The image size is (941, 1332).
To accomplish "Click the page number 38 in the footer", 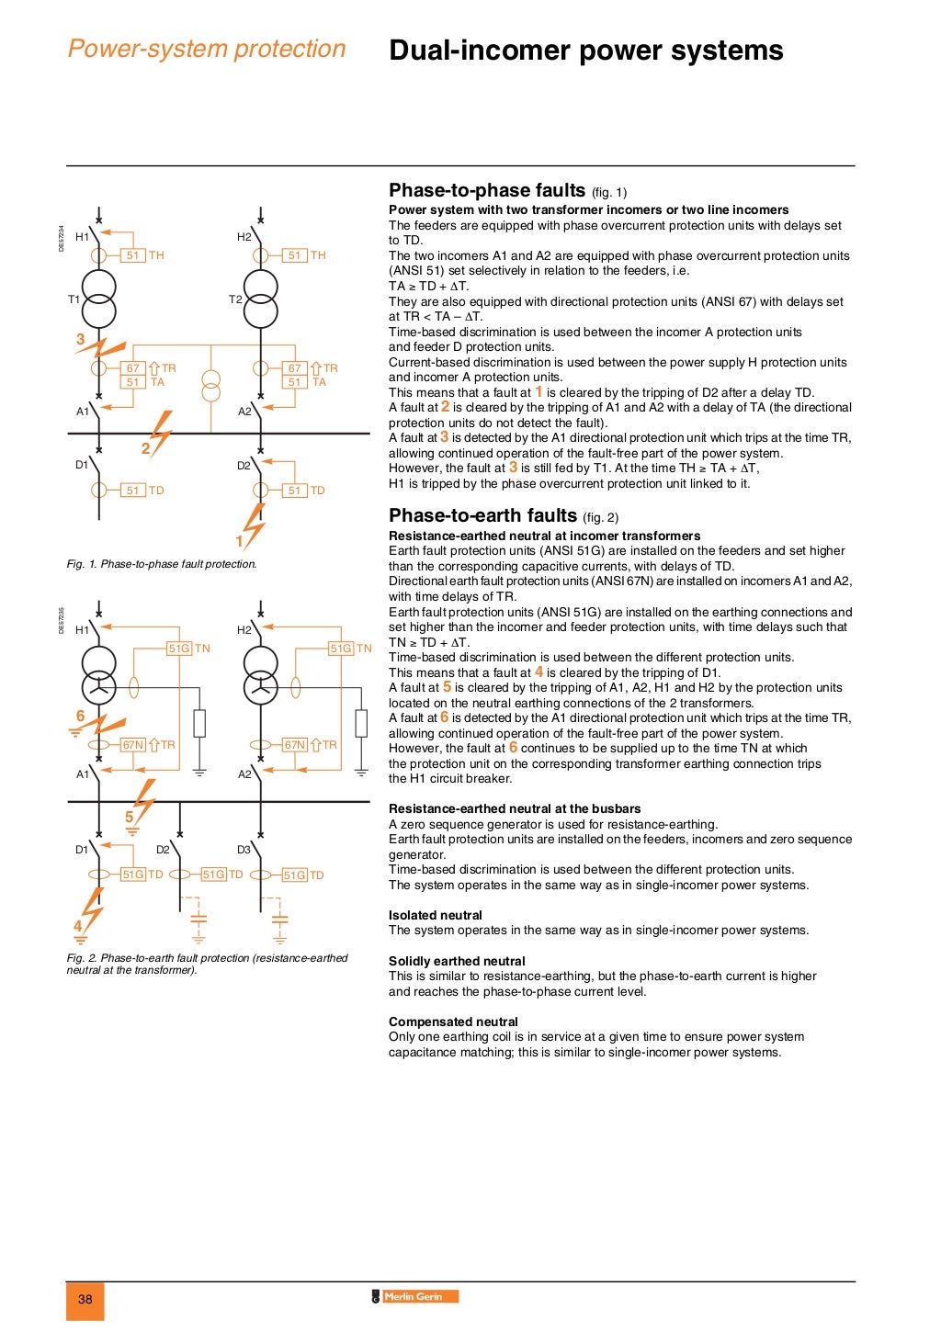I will [85, 1299].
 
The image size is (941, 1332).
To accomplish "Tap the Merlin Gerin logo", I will [414, 1296].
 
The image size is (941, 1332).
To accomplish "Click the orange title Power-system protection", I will [207, 49].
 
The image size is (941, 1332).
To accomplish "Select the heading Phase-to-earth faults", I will [482, 515].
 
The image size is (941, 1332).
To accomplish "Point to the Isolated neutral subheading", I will [435, 915].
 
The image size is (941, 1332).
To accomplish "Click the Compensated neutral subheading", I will [453, 1022].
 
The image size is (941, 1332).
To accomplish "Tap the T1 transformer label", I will [74, 299].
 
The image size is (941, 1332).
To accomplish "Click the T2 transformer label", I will [235, 299].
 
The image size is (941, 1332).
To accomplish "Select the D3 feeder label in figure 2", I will [244, 850].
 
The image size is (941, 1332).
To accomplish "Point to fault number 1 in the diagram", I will [240, 541].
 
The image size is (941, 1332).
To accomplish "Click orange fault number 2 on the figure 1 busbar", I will [145, 448].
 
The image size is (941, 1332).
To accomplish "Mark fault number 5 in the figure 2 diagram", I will [130, 817].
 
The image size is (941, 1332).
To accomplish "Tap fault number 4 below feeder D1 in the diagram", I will [78, 926].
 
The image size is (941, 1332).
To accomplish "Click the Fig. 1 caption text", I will [162, 564].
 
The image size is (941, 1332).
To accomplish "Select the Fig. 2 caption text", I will [207, 964].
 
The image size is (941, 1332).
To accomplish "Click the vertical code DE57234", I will [62, 239].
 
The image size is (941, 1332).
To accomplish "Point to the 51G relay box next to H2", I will [341, 649].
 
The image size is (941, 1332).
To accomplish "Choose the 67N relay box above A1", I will [133, 745].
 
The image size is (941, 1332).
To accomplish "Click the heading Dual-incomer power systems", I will [585, 51].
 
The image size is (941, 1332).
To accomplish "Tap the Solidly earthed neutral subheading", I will [457, 961].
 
